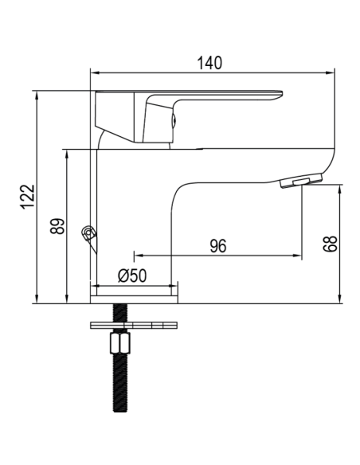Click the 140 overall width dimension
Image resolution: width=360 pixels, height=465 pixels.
click(210, 62)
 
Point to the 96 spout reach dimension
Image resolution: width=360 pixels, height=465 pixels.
click(217, 246)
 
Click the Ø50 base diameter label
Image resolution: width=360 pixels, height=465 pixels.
click(132, 275)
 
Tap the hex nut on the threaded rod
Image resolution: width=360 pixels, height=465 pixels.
click(119, 345)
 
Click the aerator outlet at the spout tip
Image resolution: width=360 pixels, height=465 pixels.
click(301, 183)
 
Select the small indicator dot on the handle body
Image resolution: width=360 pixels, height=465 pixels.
click(172, 122)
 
